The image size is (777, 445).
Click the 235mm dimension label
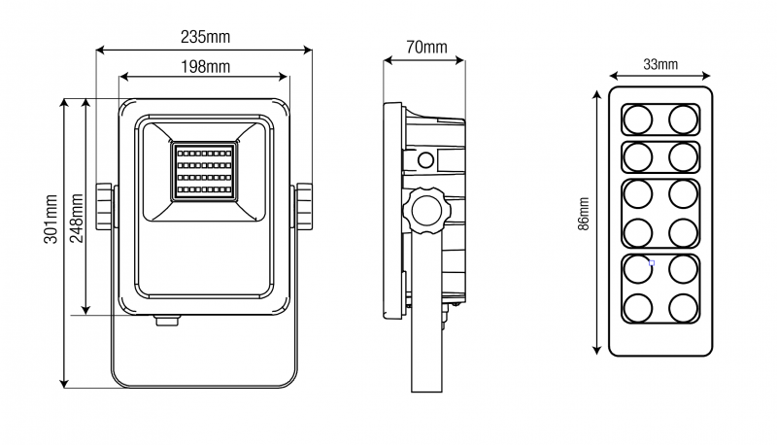click(x=205, y=36)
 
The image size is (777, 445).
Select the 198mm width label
click(x=205, y=66)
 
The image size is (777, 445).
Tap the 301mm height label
click(x=51, y=220)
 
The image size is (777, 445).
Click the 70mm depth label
click(x=426, y=47)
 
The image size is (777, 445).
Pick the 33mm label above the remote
click(x=660, y=64)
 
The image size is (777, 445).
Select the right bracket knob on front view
click(x=304, y=206)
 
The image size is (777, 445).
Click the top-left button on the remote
click(x=638, y=120)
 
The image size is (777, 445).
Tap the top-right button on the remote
click(x=684, y=120)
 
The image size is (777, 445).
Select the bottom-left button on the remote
click(x=638, y=308)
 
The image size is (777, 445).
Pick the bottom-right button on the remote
click(x=684, y=308)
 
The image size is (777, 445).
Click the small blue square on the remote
click(x=651, y=262)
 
